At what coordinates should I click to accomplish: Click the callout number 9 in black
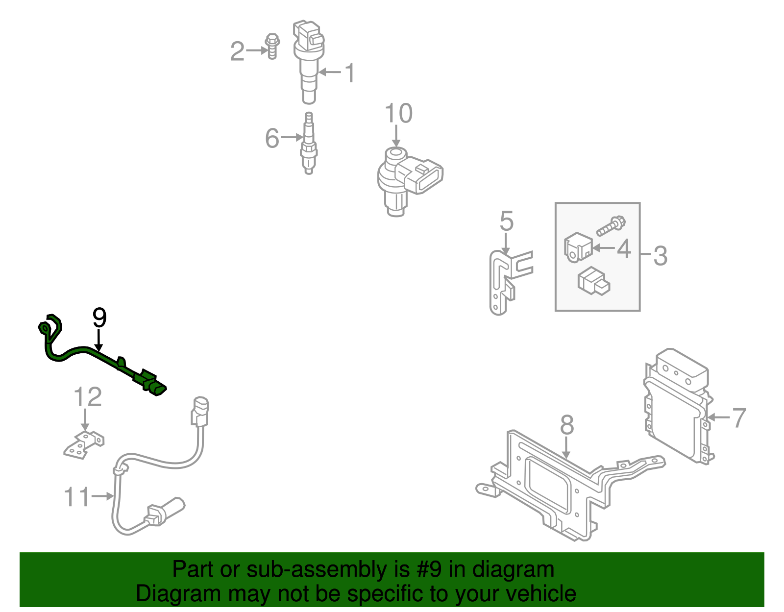coord(99,318)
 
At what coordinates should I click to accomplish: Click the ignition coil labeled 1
coord(308,59)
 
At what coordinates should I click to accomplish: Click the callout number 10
coord(398,114)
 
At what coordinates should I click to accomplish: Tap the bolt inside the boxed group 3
coord(611,226)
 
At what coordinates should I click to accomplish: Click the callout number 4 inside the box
coord(624,249)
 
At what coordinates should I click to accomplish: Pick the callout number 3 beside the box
coord(660,256)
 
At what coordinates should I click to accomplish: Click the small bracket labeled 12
coord(84,444)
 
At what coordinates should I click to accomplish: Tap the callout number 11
coord(77,497)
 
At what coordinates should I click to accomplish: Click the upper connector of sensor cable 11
coord(200,412)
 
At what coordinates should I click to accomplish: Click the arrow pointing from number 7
coord(718,417)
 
